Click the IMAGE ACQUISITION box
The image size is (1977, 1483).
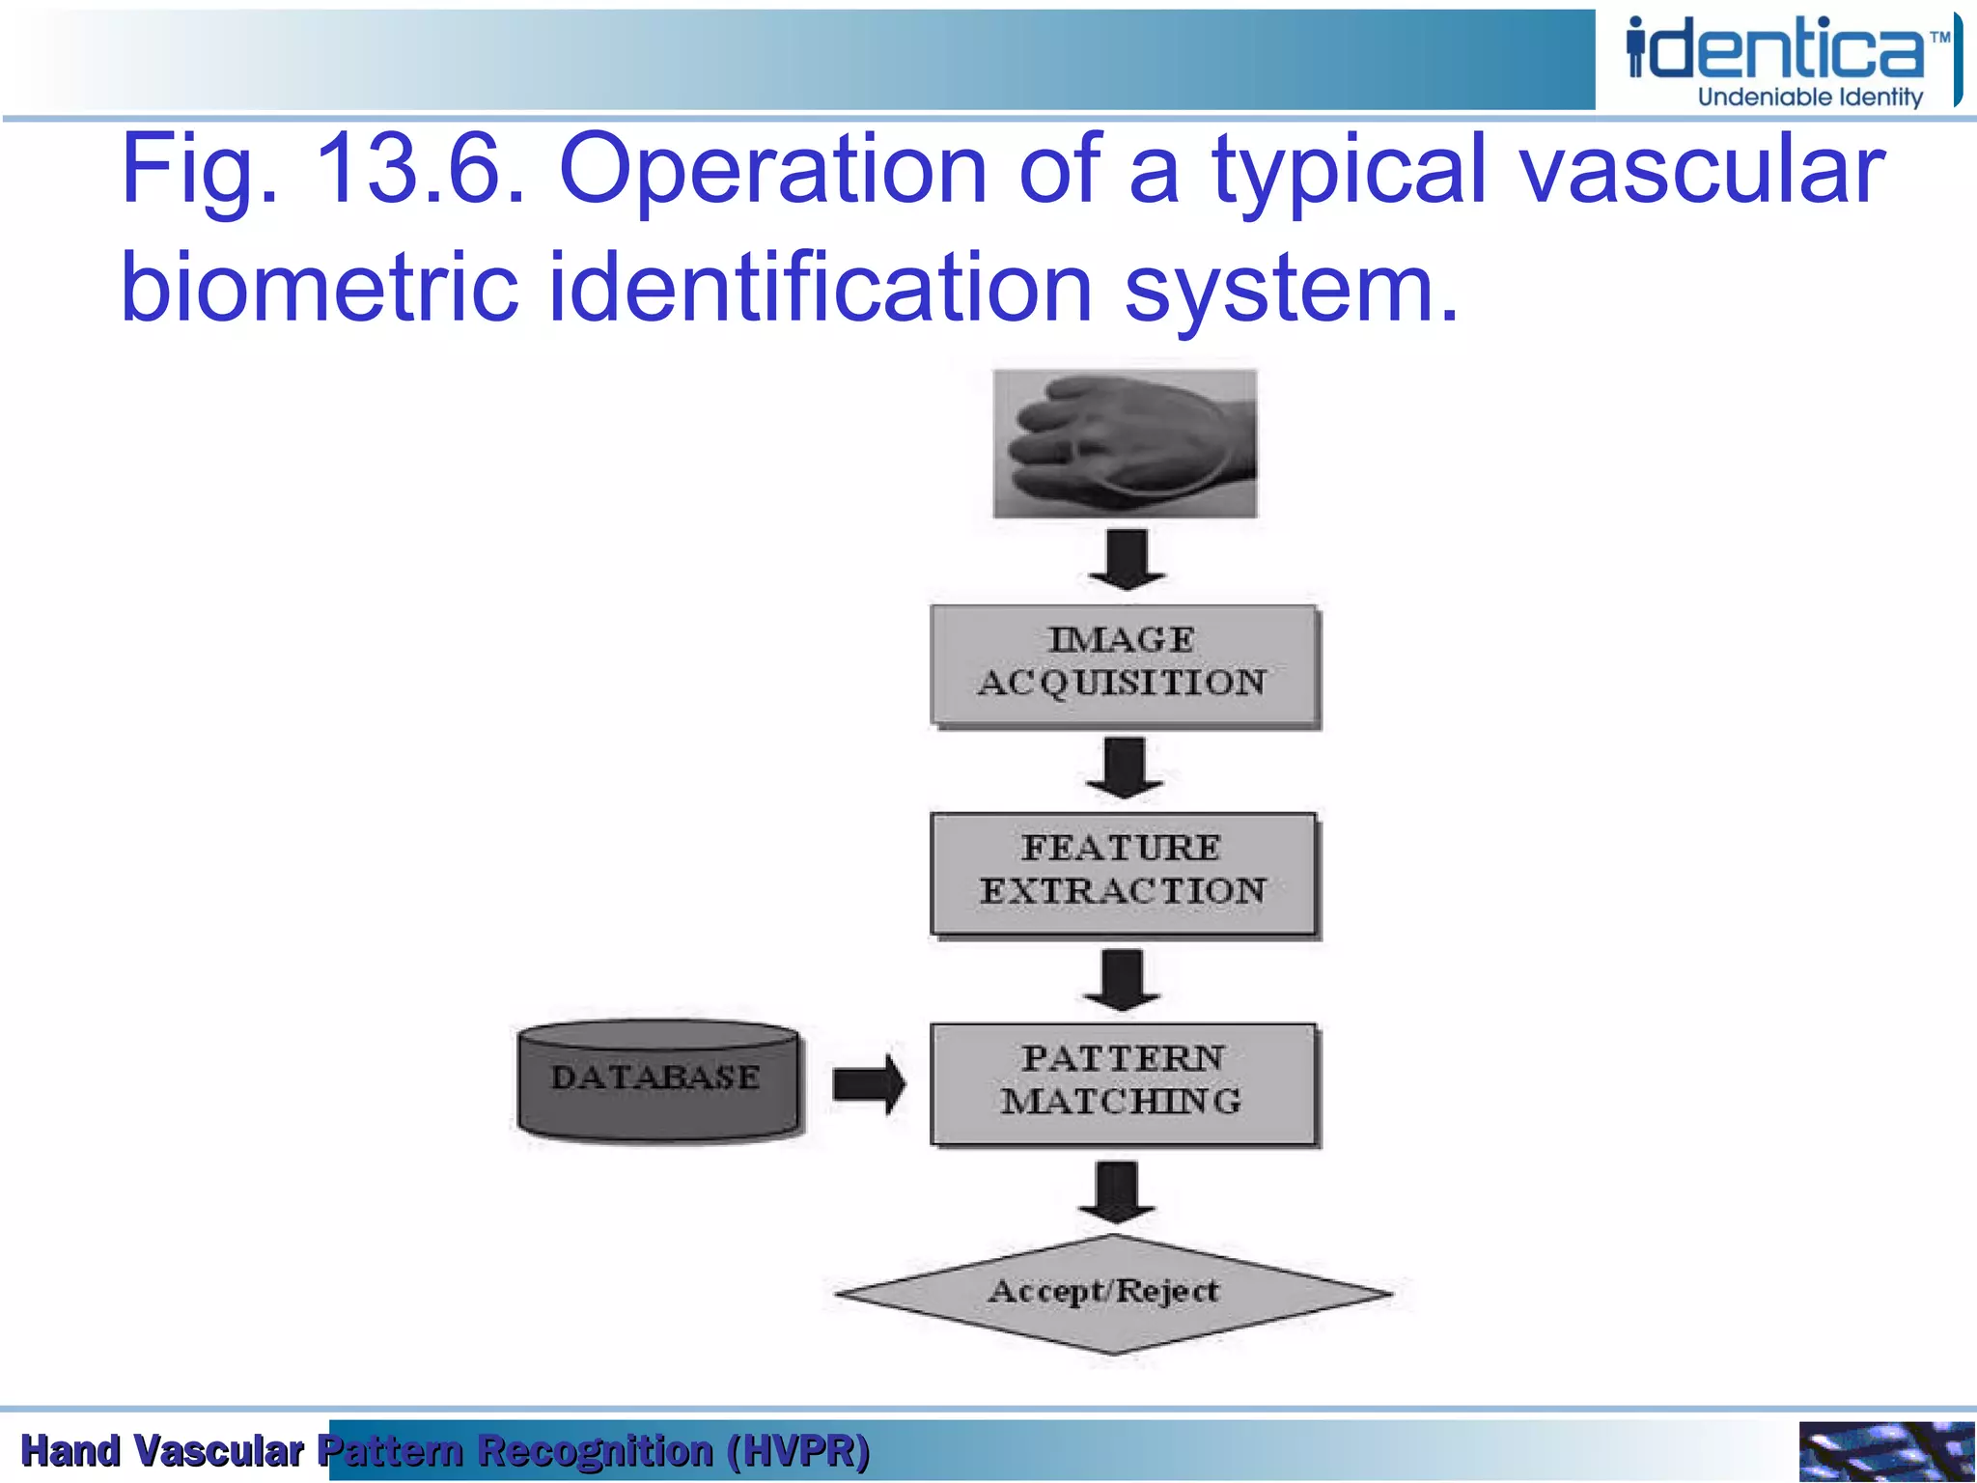tap(1124, 664)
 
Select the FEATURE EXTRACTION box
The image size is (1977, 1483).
tap(1124, 873)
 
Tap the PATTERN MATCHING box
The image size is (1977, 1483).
tap(1124, 1083)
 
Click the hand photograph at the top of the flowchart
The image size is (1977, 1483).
tap(1126, 444)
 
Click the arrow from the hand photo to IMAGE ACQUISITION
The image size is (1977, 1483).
tap(1126, 559)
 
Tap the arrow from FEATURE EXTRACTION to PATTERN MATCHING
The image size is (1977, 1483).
tap(1123, 979)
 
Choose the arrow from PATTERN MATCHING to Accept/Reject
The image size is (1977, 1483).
tap(1117, 1191)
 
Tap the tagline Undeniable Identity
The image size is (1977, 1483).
tap(1810, 98)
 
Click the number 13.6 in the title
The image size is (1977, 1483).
tap(419, 170)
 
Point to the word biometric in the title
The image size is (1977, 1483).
tap(320, 288)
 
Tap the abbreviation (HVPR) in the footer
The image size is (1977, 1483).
tap(798, 1450)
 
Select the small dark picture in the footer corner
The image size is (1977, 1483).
tap(1885, 1450)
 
